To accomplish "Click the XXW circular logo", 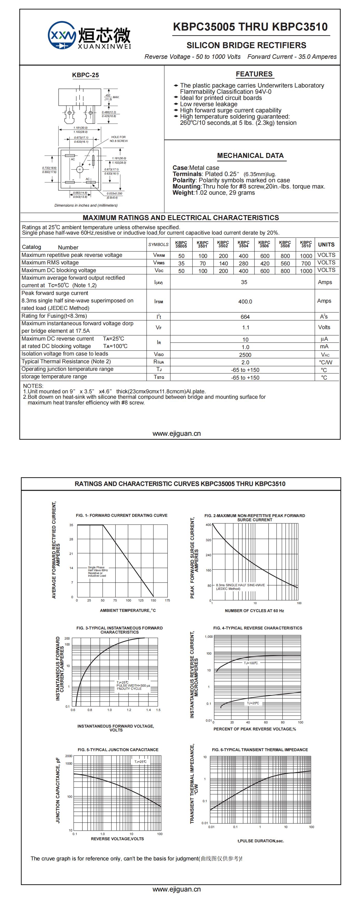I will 62,35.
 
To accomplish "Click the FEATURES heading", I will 254,74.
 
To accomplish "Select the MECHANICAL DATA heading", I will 250,156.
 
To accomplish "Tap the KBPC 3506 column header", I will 264,244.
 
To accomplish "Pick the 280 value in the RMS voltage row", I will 243,263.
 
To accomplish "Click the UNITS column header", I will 326,244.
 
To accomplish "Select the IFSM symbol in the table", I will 159,301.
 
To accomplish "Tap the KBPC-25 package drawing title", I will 85,75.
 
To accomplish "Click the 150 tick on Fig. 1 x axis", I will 153,600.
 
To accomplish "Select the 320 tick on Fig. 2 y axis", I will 208,540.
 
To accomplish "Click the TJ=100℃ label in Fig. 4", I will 251,663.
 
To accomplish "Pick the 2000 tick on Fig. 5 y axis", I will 68,756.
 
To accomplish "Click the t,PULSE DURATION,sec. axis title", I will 260,841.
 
